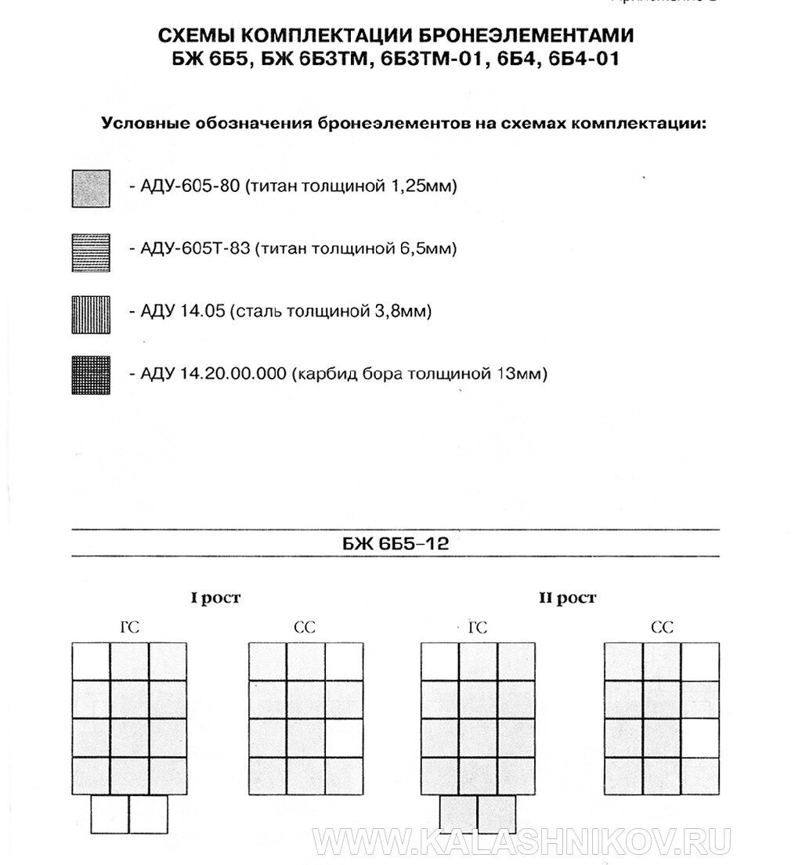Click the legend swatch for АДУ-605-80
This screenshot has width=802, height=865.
coord(91,188)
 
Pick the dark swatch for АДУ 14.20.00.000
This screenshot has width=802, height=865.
coord(91,375)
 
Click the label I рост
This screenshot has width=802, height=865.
coord(215,599)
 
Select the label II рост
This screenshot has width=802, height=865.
coord(567,599)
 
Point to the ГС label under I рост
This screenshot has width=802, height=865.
coord(129,627)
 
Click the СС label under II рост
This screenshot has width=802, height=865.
coord(662,627)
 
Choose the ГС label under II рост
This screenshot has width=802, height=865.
coord(477,627)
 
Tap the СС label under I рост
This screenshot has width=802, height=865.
coord(304,627)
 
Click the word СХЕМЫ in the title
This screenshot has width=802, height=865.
coord(197,36)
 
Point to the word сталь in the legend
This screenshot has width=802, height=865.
coord(258,312)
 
